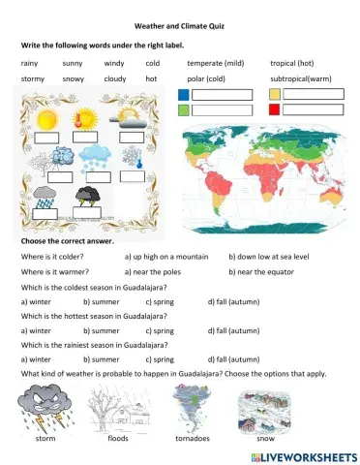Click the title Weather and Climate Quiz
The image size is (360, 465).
(180, 27)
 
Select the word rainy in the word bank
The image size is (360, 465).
(29, 62)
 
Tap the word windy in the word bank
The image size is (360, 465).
(113, 62)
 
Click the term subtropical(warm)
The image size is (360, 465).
(302, 77)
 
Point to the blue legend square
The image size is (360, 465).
(183, 95)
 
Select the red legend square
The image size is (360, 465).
(275, 111)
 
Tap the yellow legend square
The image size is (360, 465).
(275, 95)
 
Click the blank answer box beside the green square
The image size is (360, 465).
(222, 111)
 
